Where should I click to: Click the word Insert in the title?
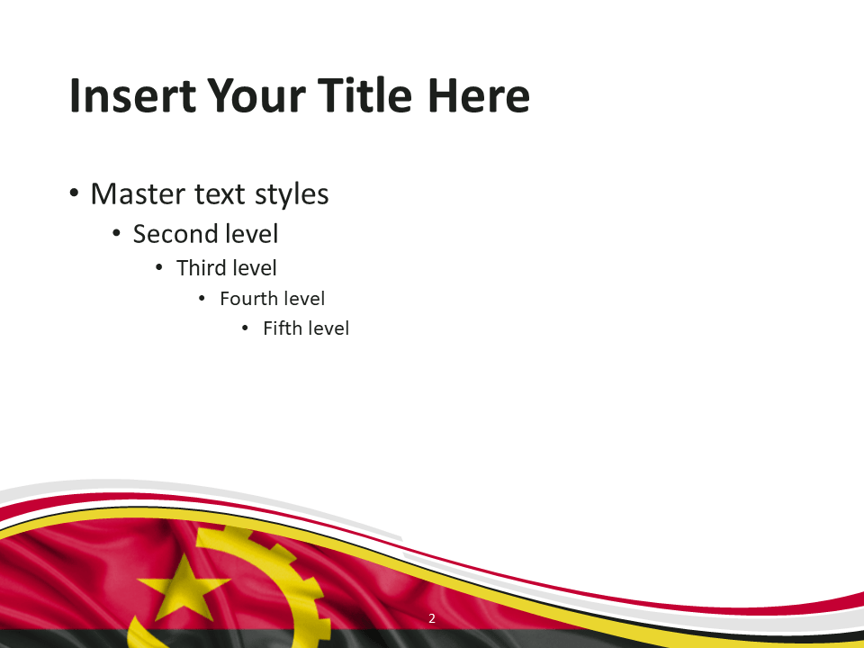132,95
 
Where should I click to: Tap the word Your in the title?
256,95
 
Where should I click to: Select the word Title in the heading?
364,95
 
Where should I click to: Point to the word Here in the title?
478,95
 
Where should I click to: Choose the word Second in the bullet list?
177,234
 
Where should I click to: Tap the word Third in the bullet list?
201,268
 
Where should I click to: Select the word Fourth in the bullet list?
249,299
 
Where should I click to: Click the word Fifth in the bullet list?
281,328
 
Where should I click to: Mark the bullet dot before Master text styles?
74,193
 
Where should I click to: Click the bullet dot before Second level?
116,234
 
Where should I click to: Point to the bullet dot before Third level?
159,268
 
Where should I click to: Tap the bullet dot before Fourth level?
202,299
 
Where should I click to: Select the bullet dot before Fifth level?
245,328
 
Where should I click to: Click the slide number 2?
432,618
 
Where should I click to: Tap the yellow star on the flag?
183,587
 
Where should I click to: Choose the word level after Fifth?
327,328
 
